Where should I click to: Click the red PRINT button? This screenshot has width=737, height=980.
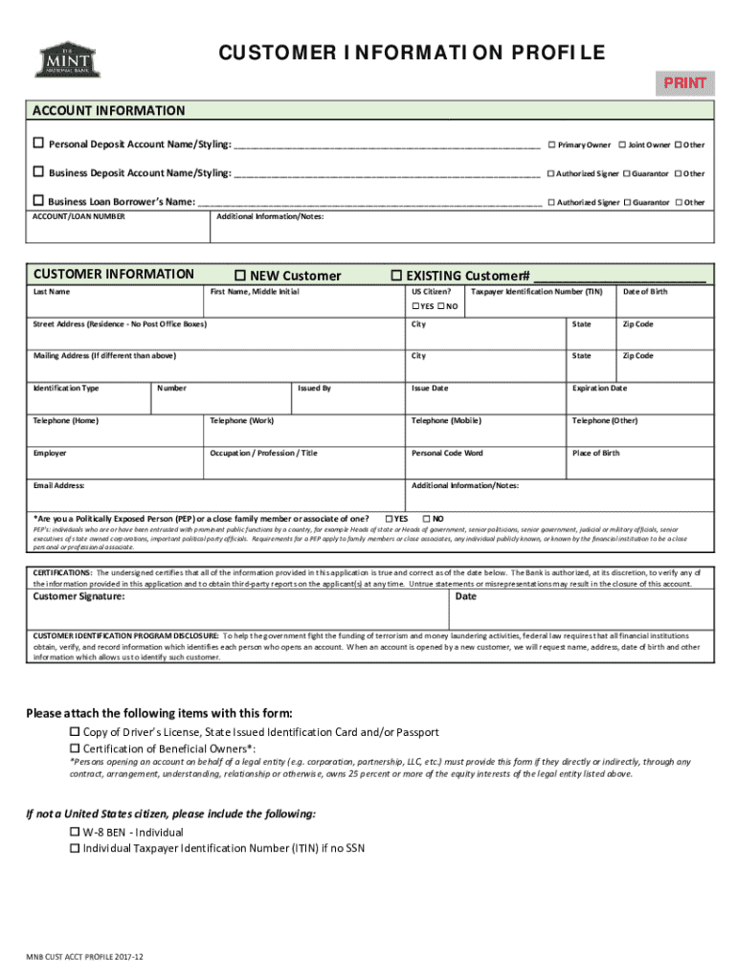tap(685, 82)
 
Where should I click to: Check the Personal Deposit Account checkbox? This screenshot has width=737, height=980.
tap(39, 144)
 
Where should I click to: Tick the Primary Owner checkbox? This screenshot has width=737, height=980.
tap(551, 145)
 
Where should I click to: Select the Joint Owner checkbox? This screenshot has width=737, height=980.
tap(622, 145)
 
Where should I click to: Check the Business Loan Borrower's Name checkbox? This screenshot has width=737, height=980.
tap(39, 202)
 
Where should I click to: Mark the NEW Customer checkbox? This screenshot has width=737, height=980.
tap(240, 276)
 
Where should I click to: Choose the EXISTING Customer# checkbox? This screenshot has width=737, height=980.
tap(397, 276)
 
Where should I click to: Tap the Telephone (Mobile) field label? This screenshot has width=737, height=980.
tap(446, 420)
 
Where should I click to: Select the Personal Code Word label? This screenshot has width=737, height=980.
tap(447, 453)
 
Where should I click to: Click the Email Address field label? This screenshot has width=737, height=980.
tap(59, 485)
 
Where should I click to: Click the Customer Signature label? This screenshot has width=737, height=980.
tap(78, 596)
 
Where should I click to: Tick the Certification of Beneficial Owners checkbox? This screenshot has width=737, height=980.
tap(75, 748)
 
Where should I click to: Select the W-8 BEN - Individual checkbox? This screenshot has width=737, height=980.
tap(75, 833)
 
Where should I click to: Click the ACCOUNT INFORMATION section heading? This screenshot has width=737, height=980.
tap(109, 111)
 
